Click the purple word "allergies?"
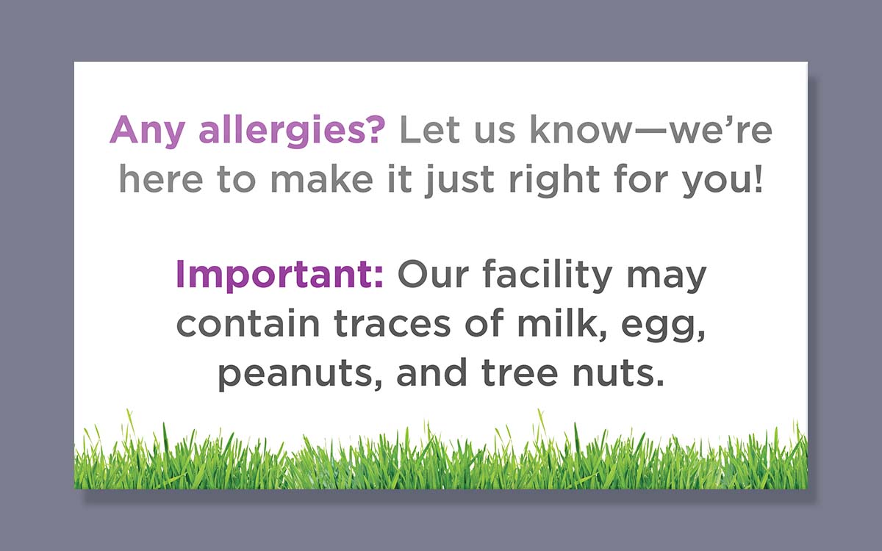pos(292,132)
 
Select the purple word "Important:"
pos(279,275)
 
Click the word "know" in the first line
pos(581,129)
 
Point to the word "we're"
pos(721,129)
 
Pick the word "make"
pos(322,179)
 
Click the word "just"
pos(459,181)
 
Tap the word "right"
pos(554,181)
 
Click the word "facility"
pos(548,276)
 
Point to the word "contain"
pos(248,323)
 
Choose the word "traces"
pos(392,324)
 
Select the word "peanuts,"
pos(300,375)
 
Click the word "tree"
pos(520,372)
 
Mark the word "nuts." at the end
pos(618,372)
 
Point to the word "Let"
pos(429,130)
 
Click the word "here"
pos(161,179)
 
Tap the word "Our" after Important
pos(433,274)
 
